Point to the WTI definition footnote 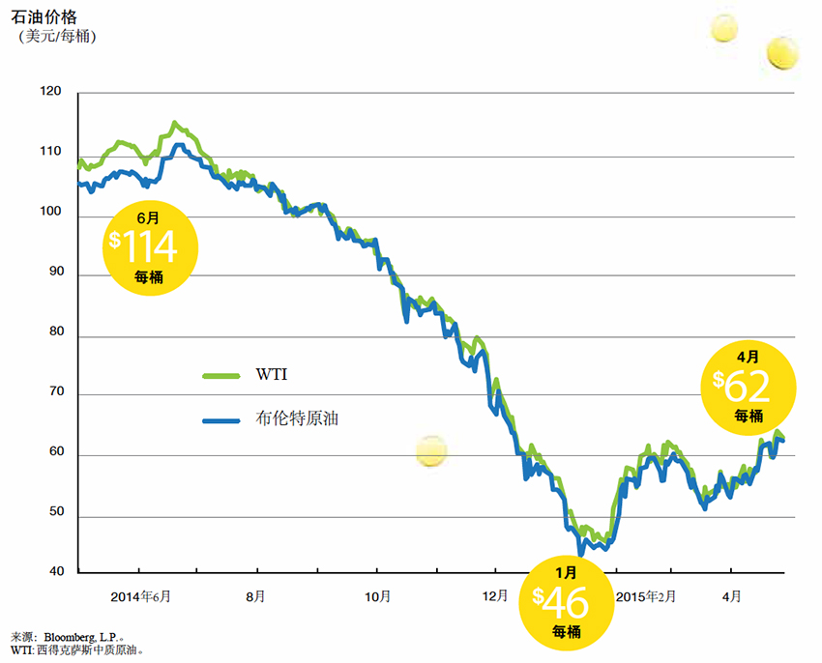pyautogui.click(x=77, y=650)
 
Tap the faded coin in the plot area pyautogui.click(x=431, y=450)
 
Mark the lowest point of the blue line pyautogui.click(x=580, y=554)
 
